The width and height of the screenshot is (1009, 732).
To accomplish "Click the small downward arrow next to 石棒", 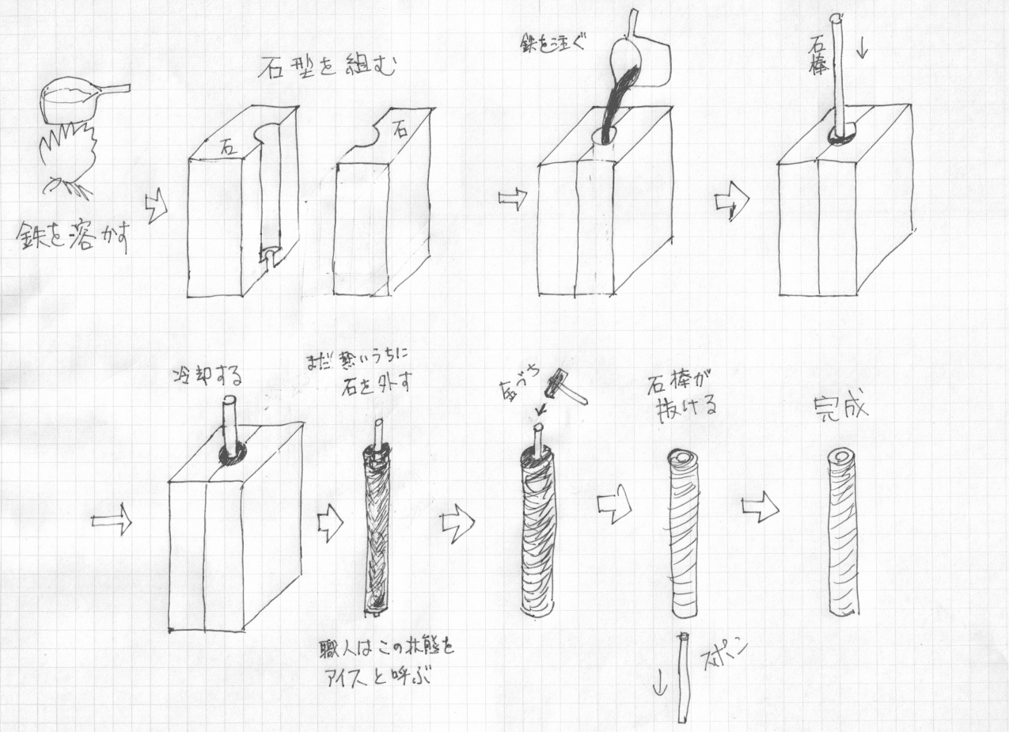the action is click(x=863, y=49).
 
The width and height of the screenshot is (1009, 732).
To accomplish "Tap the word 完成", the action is click(x=840, y=408).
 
